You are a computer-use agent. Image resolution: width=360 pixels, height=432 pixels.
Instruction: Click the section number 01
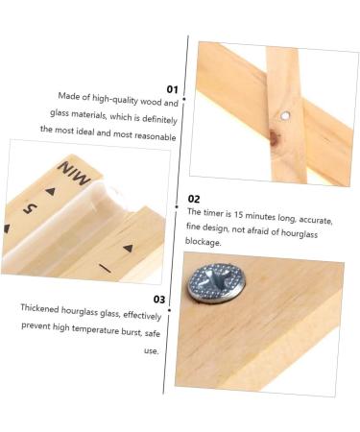click(x=173, y=89)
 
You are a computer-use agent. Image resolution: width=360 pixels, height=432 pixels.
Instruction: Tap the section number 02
click(x=194, y=199)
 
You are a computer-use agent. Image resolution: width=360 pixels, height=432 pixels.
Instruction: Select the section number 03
click(x=159, y=300)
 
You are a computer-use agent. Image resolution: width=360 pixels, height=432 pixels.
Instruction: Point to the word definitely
click(x=159, y=119)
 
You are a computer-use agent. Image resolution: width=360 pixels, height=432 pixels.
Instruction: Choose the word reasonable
click(x=155, y=136)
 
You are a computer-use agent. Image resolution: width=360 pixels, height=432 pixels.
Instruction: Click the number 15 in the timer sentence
click(x=238, y=214)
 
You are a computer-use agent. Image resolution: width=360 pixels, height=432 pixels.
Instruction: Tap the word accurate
click(x=316, y=220)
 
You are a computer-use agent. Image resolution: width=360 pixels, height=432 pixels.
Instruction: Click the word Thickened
click(x=40, y=309)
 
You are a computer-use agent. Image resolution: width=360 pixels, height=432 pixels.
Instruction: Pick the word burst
click(x=132, y=331)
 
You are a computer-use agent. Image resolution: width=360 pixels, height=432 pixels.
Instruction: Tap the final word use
click(x=151, y=350)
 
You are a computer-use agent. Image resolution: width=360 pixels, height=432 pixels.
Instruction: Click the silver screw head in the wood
click(x=214, y=281)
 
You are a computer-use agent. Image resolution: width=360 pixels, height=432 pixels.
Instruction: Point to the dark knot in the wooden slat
click(x=274, y=137)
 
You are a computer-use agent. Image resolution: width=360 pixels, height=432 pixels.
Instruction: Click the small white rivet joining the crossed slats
click(x=285, y=115)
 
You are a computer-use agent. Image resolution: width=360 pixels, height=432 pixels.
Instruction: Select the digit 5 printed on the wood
click(x=30, y=208)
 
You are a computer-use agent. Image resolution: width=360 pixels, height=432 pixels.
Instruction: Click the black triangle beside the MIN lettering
click(x=51, y=191)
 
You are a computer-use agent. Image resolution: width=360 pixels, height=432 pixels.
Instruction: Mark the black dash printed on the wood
click(x=105, y=268)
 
